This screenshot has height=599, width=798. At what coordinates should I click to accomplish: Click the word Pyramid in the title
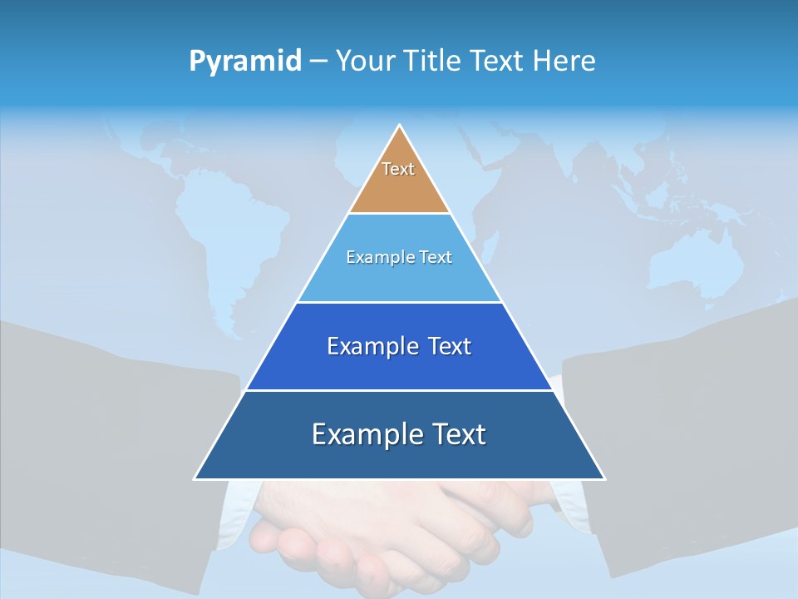(x=244, y=62)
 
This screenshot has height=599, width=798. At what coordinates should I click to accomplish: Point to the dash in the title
(x=318, y=62)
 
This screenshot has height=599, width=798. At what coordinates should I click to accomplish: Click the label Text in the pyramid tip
(x=398, y=169)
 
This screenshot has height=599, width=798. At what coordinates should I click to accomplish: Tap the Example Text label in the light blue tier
(x=399, y=257)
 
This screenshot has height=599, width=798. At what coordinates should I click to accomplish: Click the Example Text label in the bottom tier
(x=399, y=434)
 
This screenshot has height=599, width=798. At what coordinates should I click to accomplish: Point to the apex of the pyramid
(x=400, y=126)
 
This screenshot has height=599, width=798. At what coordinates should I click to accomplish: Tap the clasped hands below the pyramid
(x=391, y=532)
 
